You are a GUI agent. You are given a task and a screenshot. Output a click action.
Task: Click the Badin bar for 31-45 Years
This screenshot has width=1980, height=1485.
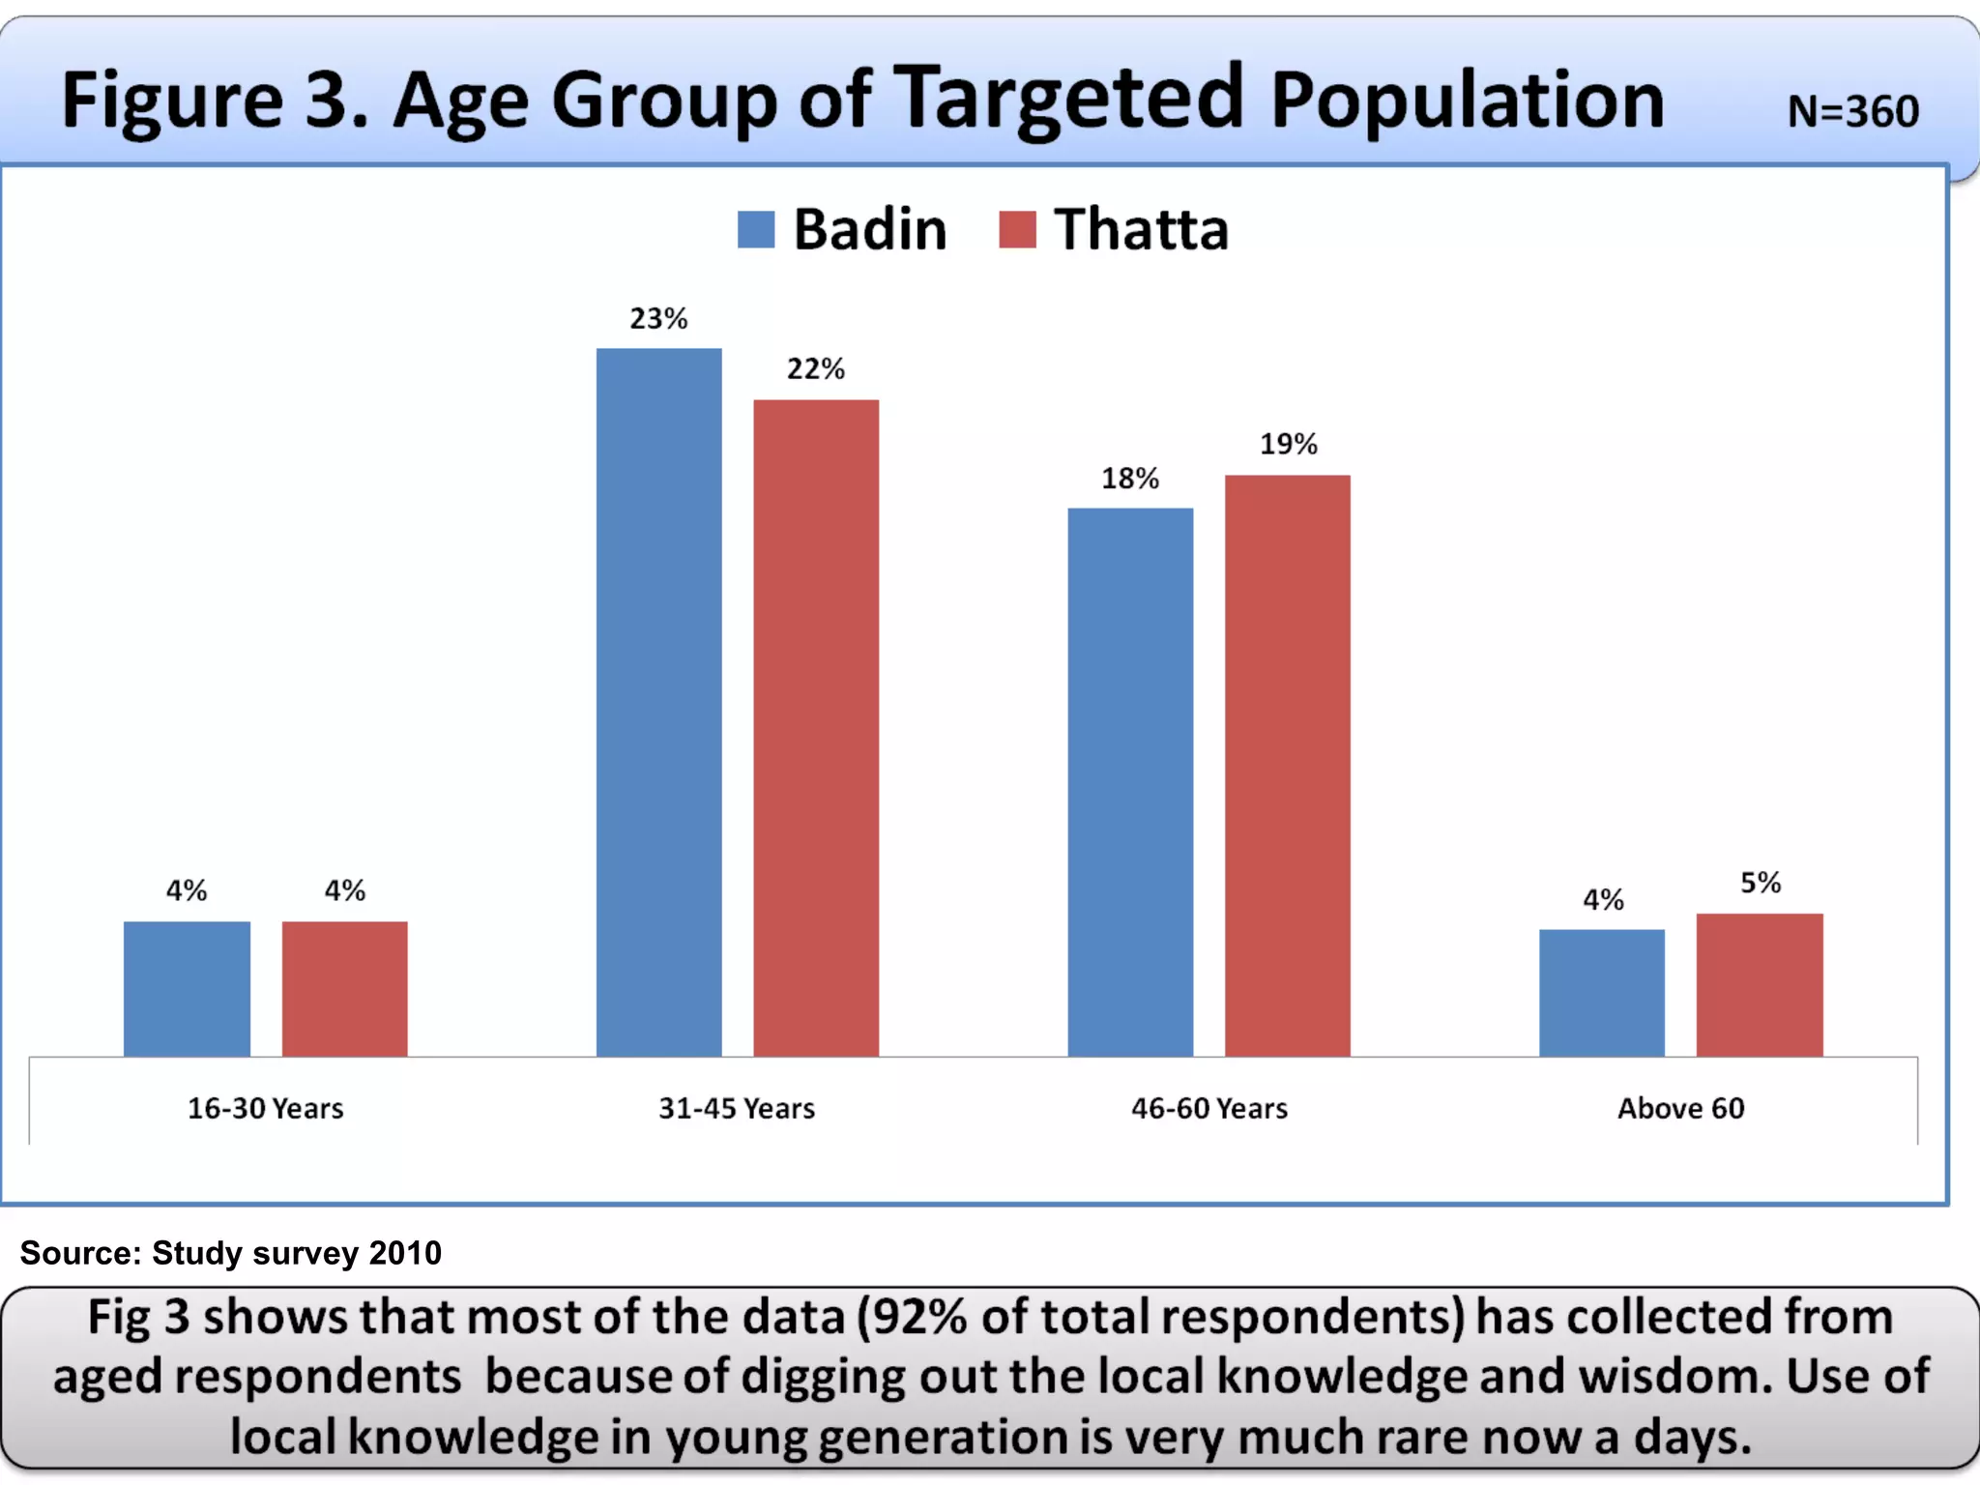coord(658,702)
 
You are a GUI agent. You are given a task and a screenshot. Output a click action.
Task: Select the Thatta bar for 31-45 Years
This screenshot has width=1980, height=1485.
coord(816,727)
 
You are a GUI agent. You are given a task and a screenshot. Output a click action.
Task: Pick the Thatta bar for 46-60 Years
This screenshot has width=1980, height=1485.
coord(1287,765)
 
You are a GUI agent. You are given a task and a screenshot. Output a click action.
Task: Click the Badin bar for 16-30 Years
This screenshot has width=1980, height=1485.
coord(187,988)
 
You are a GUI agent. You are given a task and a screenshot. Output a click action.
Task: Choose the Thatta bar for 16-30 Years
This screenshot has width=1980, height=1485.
coord(344,988)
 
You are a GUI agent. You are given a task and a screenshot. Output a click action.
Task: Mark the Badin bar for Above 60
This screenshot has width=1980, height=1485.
coord(1602,992)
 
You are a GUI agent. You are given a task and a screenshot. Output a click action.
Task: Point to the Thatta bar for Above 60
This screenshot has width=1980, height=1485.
coord(1760,984)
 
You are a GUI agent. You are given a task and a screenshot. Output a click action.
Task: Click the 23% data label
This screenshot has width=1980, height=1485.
coord(658,318)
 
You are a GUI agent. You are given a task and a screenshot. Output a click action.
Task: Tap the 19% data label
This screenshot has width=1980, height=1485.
coord(1288,444)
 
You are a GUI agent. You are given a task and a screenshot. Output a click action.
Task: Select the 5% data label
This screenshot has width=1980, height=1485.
coord(1760,883)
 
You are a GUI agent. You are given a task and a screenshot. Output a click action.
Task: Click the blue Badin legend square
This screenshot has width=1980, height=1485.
coord(756,230)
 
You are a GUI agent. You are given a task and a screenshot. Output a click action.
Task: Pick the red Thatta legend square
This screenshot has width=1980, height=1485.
coord(1017,230)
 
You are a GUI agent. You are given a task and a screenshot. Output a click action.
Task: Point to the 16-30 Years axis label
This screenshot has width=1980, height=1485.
coord(265,1108)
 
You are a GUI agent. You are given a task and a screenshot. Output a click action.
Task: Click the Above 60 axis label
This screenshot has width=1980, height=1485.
coord(1680,1108)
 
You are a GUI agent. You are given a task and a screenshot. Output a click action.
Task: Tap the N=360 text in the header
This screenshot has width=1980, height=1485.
coord(1852,111)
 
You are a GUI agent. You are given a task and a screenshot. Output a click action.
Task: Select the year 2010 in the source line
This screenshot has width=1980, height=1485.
coord(405,1253)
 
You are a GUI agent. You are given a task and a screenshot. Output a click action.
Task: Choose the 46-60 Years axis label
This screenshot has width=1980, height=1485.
coord(1208,1108)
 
